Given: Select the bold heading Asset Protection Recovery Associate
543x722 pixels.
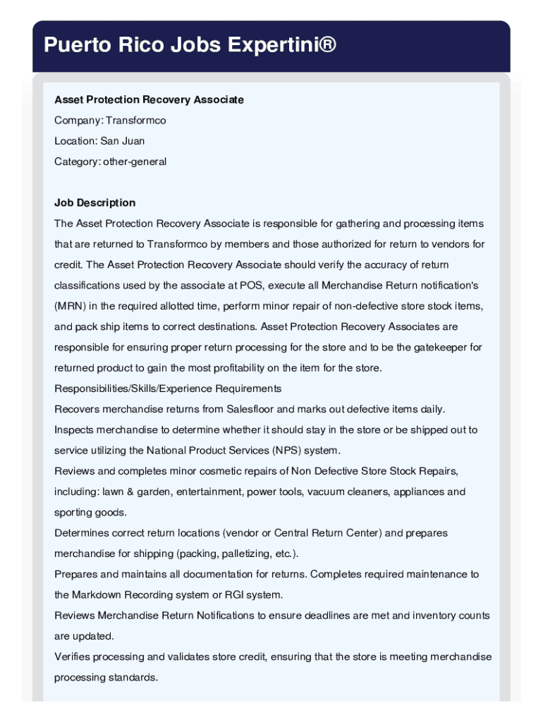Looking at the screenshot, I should tap(149, 100).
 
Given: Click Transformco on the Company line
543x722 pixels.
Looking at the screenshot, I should tap(136, 121).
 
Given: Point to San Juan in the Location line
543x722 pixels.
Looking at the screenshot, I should tap(123, 141).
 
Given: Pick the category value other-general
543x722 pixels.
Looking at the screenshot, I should tap(135, 161).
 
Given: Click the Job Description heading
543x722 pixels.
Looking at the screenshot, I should tap(94, 203).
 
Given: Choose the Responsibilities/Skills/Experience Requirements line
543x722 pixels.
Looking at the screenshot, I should tap(168, 388).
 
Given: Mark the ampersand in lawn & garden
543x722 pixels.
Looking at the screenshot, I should tap(129, 492).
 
